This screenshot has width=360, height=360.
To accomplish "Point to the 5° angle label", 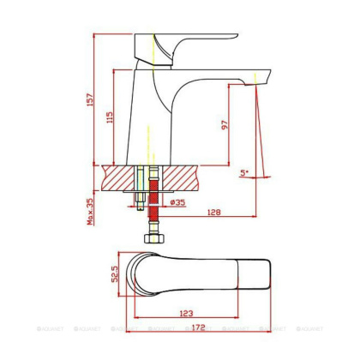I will coord(244,172).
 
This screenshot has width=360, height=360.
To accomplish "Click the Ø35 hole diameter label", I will coord(178,202).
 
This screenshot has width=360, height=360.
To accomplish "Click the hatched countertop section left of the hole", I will coord(117,178).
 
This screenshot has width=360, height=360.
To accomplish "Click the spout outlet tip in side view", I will coord(257,81).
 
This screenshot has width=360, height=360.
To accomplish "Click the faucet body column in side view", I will coord(154,120).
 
